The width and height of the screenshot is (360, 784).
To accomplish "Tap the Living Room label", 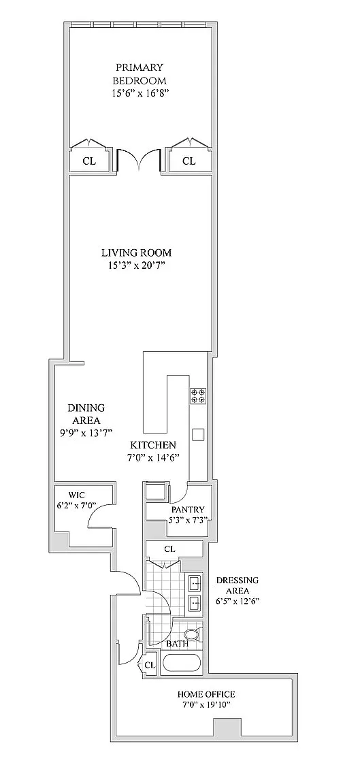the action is [137, 252].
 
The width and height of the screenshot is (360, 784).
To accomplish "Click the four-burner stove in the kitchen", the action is [197, 395].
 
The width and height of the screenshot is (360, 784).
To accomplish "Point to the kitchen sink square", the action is [197, 434].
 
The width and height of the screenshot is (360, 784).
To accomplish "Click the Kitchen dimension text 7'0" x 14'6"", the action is [154, 457].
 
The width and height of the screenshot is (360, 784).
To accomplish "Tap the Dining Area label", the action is [86, 414].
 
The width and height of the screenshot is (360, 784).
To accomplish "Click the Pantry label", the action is [188, 510].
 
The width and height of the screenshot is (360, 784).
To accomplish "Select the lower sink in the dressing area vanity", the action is [194, 604].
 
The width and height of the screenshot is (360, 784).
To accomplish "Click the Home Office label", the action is [206, 694].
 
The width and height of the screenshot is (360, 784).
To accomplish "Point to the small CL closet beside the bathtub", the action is [150, 666].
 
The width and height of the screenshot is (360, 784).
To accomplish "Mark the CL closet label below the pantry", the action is [169, 549].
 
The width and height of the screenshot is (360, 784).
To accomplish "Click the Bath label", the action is [178, 644].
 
